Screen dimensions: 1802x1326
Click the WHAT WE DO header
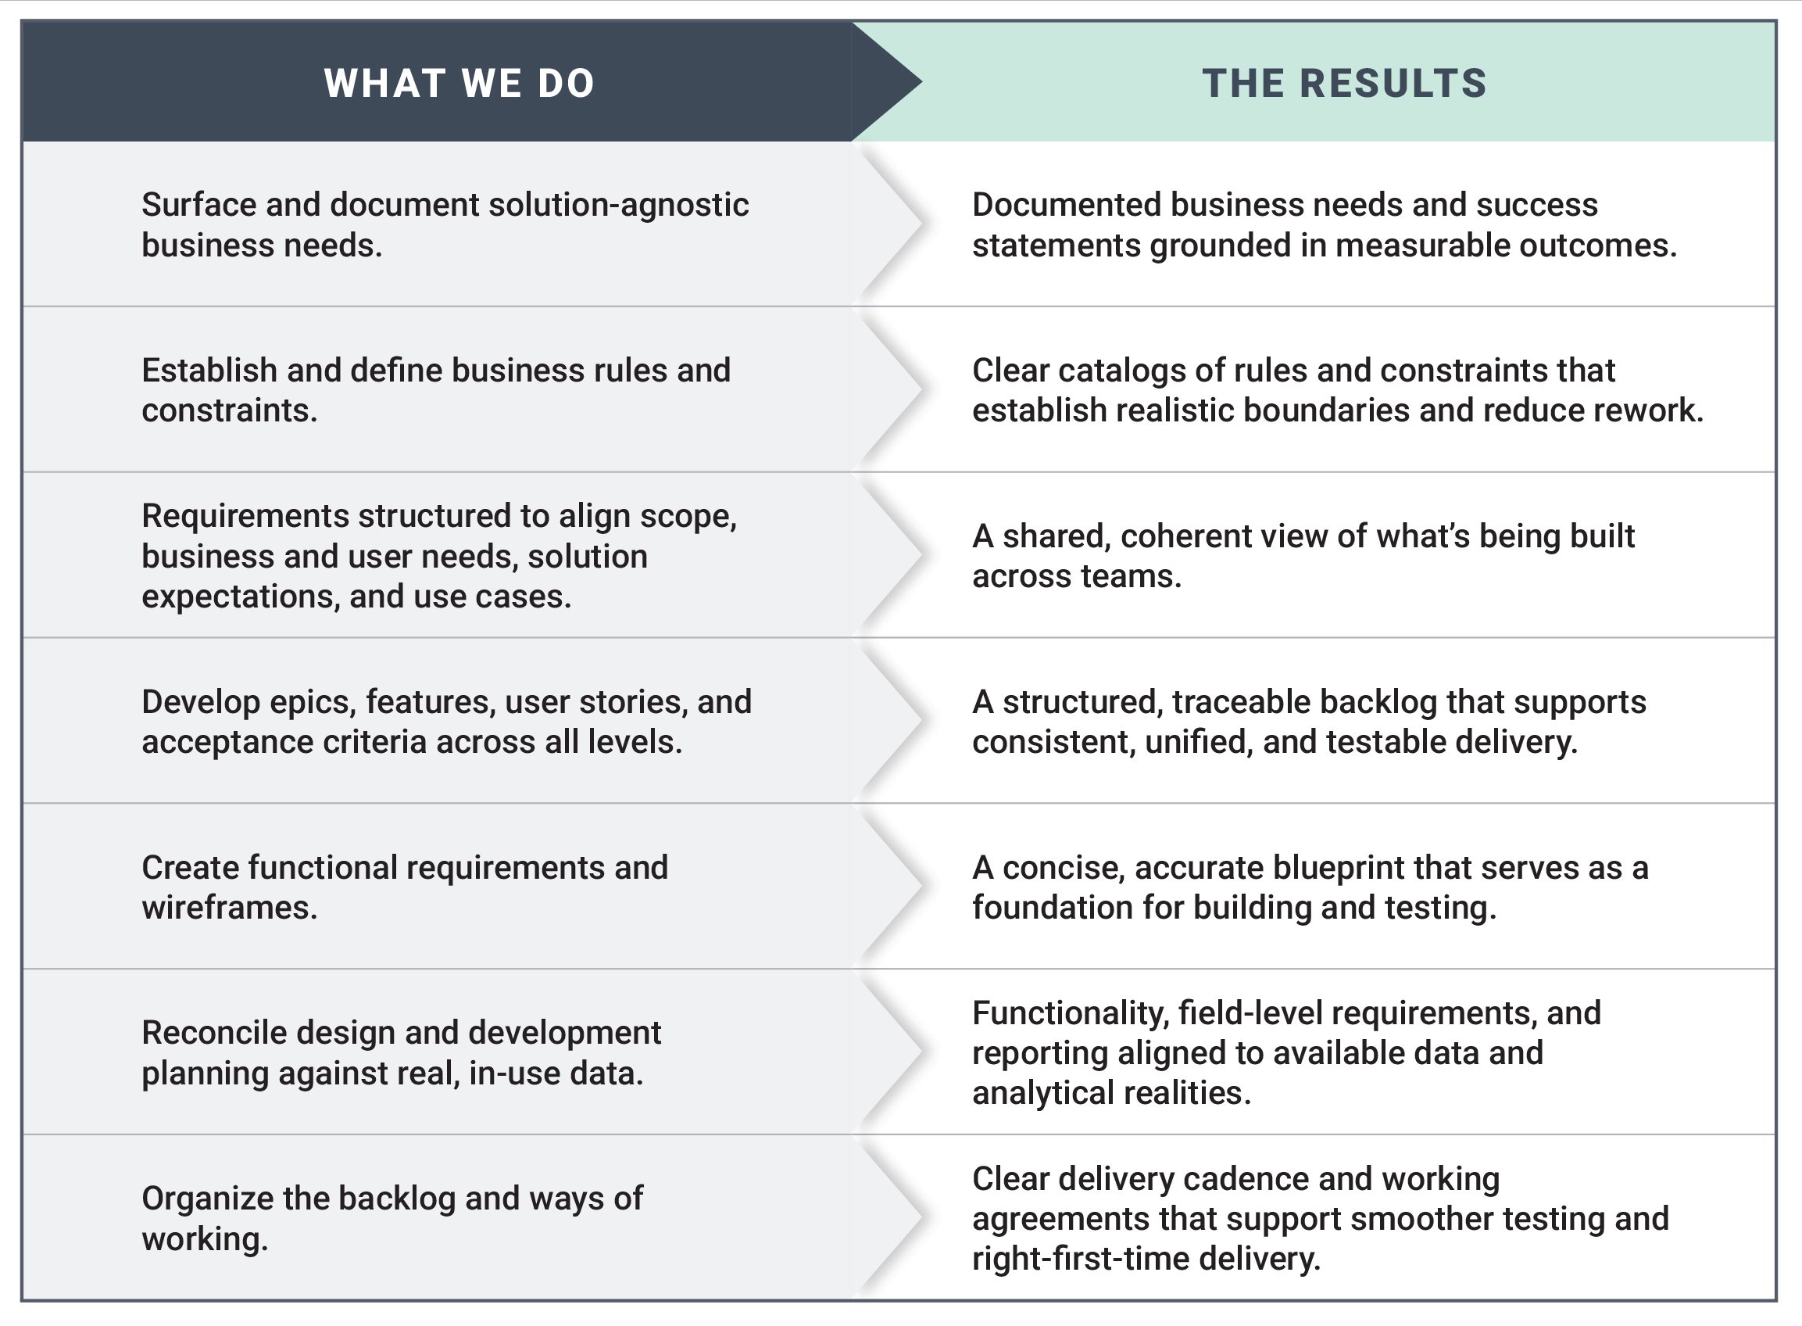point(459,83)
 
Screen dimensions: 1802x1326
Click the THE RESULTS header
point(1344,83)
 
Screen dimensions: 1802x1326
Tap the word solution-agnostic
point(619,205)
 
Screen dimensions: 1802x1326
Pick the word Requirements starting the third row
point(245,516)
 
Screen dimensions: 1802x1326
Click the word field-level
point(1248,1013)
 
